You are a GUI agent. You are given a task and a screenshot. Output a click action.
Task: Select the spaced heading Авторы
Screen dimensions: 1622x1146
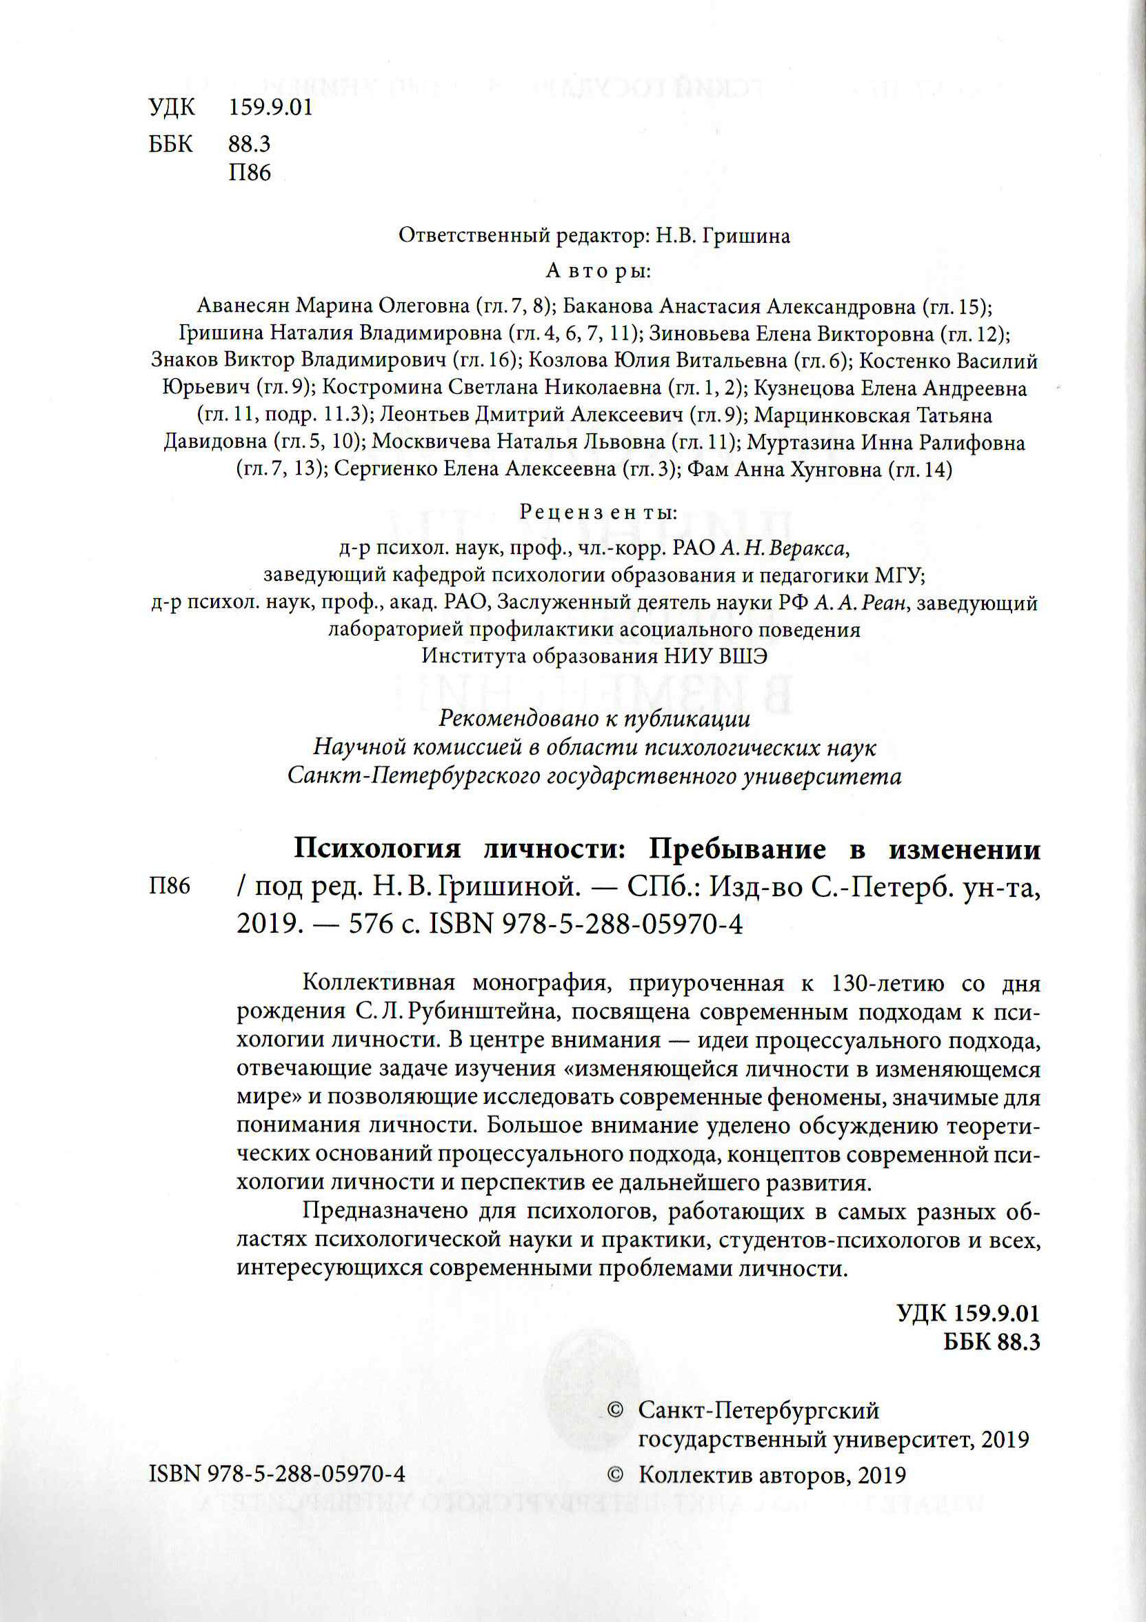tap(598, 270)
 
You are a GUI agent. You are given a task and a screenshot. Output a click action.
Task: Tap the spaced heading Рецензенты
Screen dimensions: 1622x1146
tap(598, 512)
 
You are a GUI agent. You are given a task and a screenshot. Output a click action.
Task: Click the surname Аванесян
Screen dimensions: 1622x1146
tap(243, 305)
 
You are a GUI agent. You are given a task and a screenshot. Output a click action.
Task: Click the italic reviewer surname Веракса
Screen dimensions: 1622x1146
tap(806, 548)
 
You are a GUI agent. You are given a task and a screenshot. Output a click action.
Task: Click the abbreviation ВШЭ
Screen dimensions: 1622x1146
tap(743, 656)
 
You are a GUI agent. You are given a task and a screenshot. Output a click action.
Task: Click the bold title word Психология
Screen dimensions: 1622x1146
tap(377, 849)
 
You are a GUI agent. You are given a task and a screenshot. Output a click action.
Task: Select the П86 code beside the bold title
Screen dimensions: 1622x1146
tap(170, 886)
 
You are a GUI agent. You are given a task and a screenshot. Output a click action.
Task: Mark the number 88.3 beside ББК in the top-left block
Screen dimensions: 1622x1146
tap(249, 144)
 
